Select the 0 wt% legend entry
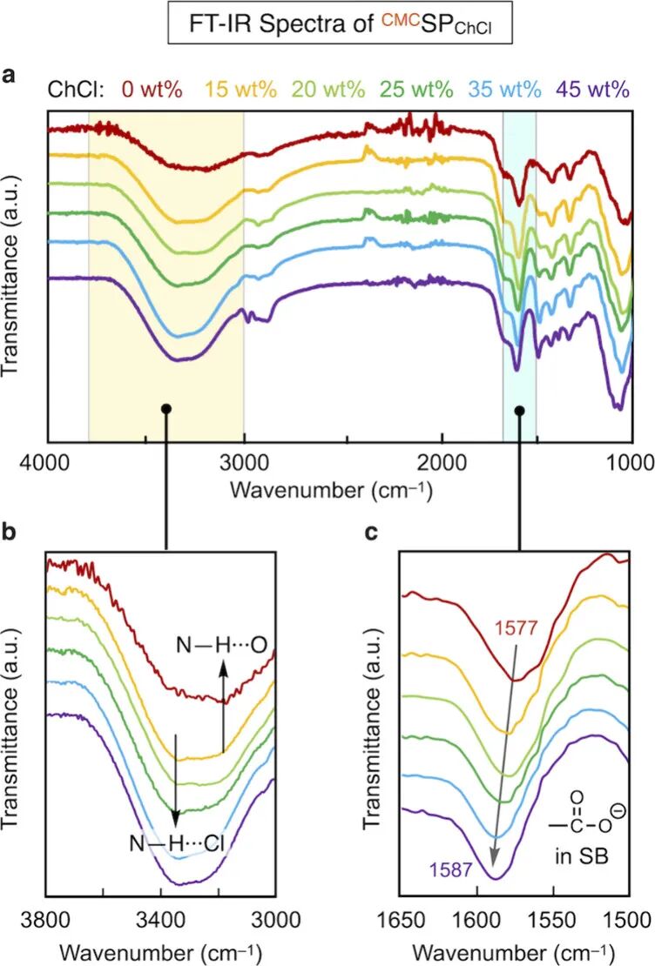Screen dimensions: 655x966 [x=152, y=90]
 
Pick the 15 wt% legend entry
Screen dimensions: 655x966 [x=240, y=90]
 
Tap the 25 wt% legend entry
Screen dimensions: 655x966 [x=417, y=90]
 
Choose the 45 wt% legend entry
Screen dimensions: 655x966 [x=592, y=90]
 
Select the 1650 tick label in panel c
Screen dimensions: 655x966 [x=402, y=921]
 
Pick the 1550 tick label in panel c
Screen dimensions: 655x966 [x=553, y=921]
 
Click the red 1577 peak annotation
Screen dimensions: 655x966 [x=517, y=628]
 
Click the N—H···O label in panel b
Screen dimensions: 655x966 [x=221, y=645]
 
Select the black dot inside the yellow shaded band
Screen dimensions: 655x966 [x=165, y=409]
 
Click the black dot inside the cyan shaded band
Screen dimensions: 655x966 [x=520, y=410]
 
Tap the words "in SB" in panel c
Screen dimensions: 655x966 [x=582, y=855]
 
